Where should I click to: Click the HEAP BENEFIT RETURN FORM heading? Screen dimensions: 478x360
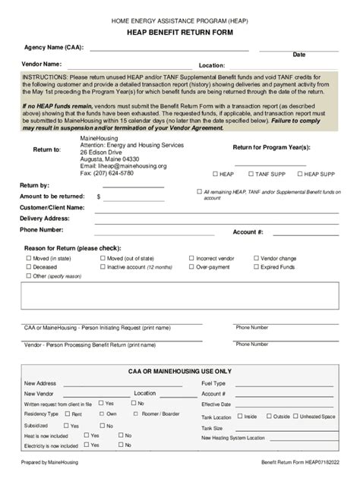click(x=180, y=33)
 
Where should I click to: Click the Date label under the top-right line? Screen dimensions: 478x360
click(x=299, y=55)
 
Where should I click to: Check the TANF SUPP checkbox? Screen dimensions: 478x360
click(x=249, y=174)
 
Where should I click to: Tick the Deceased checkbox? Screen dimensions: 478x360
click(x=27, y=267)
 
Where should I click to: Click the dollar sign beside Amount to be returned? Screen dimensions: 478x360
click(x=98, y=196)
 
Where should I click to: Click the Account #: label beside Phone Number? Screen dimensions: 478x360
click(x=248, y=231)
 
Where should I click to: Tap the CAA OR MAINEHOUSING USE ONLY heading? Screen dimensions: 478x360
click(x=181, y=371)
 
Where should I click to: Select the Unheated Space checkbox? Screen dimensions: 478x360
click(x=295, y=417)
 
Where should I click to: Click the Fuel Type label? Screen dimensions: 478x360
click(x=213, y=383)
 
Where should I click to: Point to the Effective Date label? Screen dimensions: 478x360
click(x=216, y=404)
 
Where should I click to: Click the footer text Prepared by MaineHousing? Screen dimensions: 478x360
click(x=49, y=462)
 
